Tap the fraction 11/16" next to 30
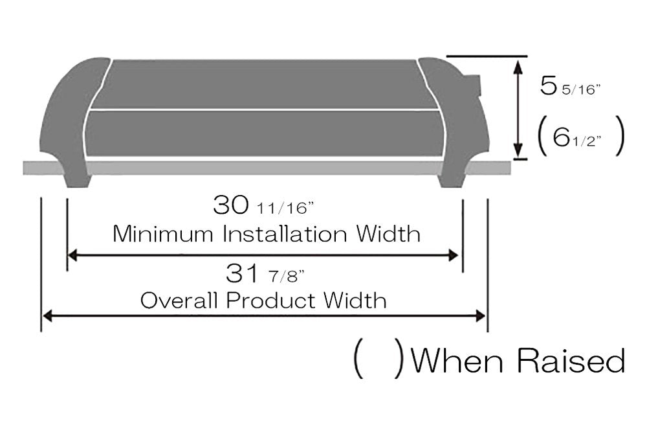pos(285,209)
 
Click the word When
pos(457,360)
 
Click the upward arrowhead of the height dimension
pos(517,64)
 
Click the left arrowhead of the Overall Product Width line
pos(47,315)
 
